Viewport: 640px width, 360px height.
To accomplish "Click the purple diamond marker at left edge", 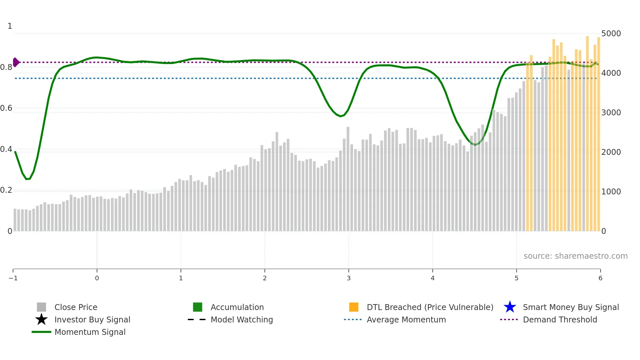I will [x=16, y=62].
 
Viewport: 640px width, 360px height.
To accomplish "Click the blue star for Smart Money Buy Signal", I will [x=510, y=307].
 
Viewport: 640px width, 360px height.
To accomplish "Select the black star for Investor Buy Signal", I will [x=41, y=319].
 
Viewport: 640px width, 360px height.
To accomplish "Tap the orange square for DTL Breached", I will [x=354, y=307].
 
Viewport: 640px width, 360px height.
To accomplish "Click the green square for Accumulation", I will [x=198, y=307].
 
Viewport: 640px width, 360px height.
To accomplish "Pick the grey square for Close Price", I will [x=41, y=307].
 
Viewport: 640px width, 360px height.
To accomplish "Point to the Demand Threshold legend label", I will [x=560, y=319].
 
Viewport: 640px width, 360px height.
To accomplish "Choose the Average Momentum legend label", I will [x=406, y=319].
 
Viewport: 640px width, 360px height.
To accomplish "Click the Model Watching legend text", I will [x=242, y=319].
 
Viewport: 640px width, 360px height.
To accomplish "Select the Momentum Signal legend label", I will [x=90, y=332].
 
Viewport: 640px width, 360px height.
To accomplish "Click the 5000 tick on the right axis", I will [x=611, y=34].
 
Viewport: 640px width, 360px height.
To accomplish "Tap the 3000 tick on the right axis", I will [x=611, y=113].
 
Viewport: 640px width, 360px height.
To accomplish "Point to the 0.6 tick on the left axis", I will [x=6, y=108].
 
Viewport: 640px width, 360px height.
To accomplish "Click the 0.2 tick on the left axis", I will [x=6, y=190].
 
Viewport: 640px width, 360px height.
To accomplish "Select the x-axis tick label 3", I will [x=349, y=278].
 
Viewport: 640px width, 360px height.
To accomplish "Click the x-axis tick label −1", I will [x=13, y=278].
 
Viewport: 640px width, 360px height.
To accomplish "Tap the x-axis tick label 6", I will [x=600, y=278].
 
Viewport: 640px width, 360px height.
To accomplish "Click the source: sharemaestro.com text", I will [x=575, y=256].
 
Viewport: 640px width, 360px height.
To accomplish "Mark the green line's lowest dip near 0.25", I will [x=27, y=179].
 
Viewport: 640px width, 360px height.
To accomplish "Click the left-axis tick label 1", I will [x=10, y=26].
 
